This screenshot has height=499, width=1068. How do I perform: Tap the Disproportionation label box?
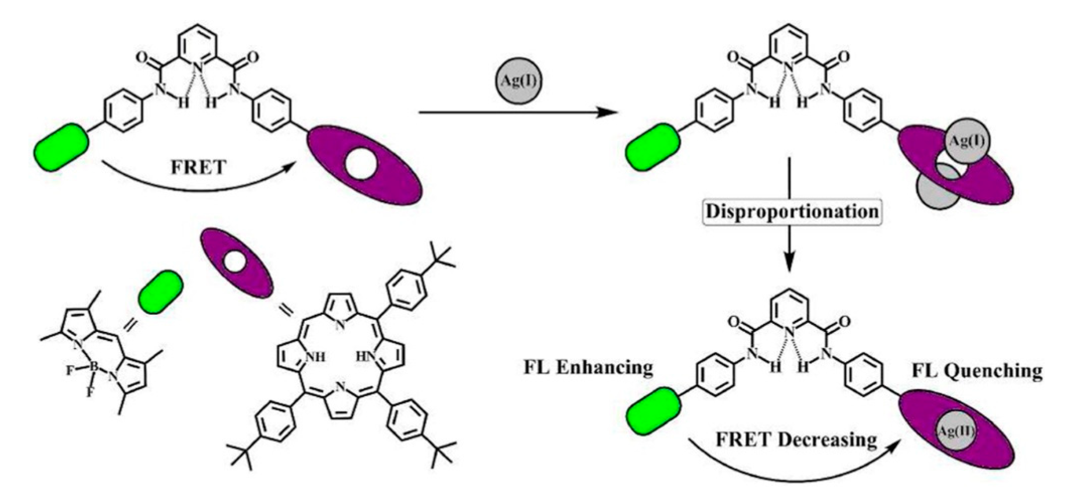click(792, 212)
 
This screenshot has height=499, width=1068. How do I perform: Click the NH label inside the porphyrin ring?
click(316, 357)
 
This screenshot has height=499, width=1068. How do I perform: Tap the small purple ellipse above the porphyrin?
click(237, 268)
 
